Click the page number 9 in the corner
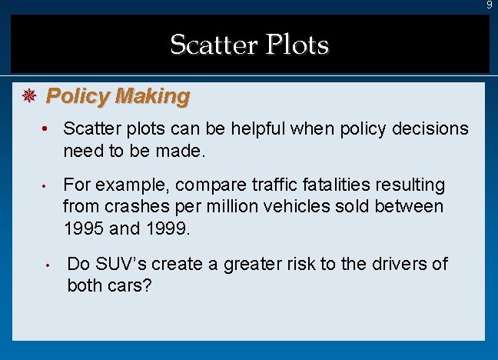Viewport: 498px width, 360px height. pos(489,5)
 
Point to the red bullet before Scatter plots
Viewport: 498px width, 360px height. pos(47,129)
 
